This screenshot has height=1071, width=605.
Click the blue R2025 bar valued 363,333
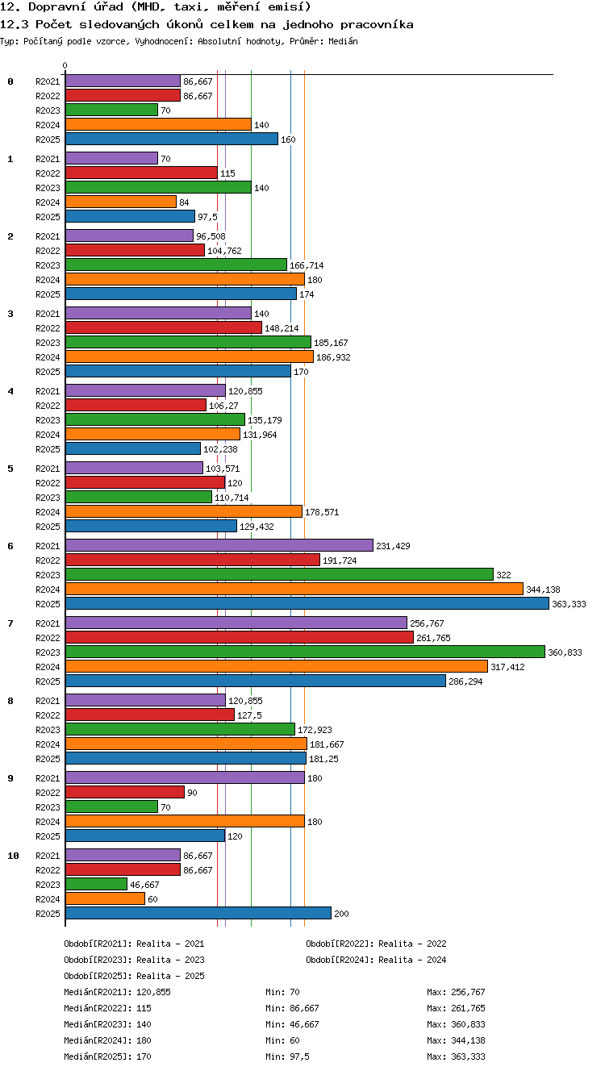307,603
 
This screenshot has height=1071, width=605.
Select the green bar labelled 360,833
305,652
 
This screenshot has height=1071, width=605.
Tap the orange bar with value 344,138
294,589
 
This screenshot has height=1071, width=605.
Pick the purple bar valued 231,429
219,545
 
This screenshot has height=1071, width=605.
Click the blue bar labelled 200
198,913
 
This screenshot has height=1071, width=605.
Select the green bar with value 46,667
96,884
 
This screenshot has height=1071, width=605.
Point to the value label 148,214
282,328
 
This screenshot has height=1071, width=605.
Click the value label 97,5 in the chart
207,217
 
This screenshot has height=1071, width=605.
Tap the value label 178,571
322,512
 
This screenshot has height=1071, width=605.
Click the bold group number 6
10,546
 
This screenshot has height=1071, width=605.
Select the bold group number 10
13,856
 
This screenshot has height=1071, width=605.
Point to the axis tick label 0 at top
65,65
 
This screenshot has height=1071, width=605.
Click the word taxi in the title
188,6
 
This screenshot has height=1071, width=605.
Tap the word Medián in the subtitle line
343,41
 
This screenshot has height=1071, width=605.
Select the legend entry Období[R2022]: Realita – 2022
376,944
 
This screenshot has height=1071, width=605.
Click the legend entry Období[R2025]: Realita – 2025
134,976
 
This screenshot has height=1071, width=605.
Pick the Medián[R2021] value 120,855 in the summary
153,992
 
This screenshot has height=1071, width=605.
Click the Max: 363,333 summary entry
456,1056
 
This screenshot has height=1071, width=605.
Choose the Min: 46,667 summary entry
292,1024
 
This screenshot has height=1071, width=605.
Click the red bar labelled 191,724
193,560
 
